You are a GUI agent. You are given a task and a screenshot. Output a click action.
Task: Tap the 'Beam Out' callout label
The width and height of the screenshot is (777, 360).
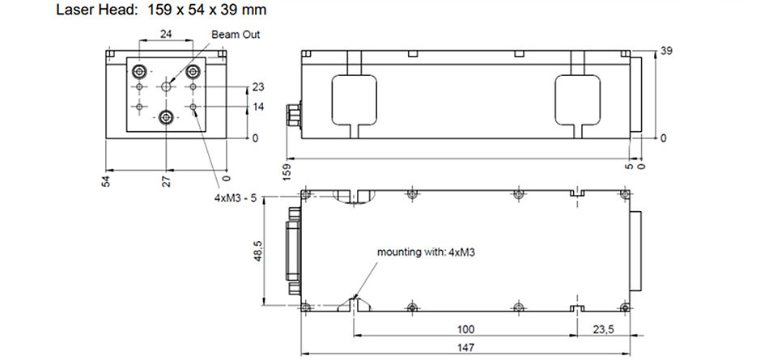(x=236, y=35)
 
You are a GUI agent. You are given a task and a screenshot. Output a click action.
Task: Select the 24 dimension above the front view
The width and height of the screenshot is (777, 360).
(x=166, y=34)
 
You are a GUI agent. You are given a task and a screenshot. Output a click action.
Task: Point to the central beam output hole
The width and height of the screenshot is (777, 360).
(x=166, y=87)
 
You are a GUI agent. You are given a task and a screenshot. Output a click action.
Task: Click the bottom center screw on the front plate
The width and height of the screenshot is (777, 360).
(x=165, y=118)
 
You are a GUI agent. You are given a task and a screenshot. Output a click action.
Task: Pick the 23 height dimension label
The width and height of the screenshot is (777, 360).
(x=258, y=87)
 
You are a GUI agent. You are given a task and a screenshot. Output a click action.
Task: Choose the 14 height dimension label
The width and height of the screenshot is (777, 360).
(x=258, y=107)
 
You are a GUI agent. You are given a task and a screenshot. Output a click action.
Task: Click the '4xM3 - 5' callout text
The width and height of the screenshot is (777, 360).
(x=236, y=197)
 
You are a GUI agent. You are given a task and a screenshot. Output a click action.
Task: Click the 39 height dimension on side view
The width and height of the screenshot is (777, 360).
(x=666, y=52)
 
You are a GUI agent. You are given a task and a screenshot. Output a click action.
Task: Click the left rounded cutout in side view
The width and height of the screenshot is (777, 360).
(x=354, y=100)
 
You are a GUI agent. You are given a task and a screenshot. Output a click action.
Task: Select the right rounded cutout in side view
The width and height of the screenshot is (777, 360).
(x=577, y=100)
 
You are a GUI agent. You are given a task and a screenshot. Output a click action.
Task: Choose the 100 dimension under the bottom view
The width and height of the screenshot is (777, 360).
(x=466, y=329)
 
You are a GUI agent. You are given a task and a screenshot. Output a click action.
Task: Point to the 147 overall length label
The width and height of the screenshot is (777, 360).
(x=466, y=347)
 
